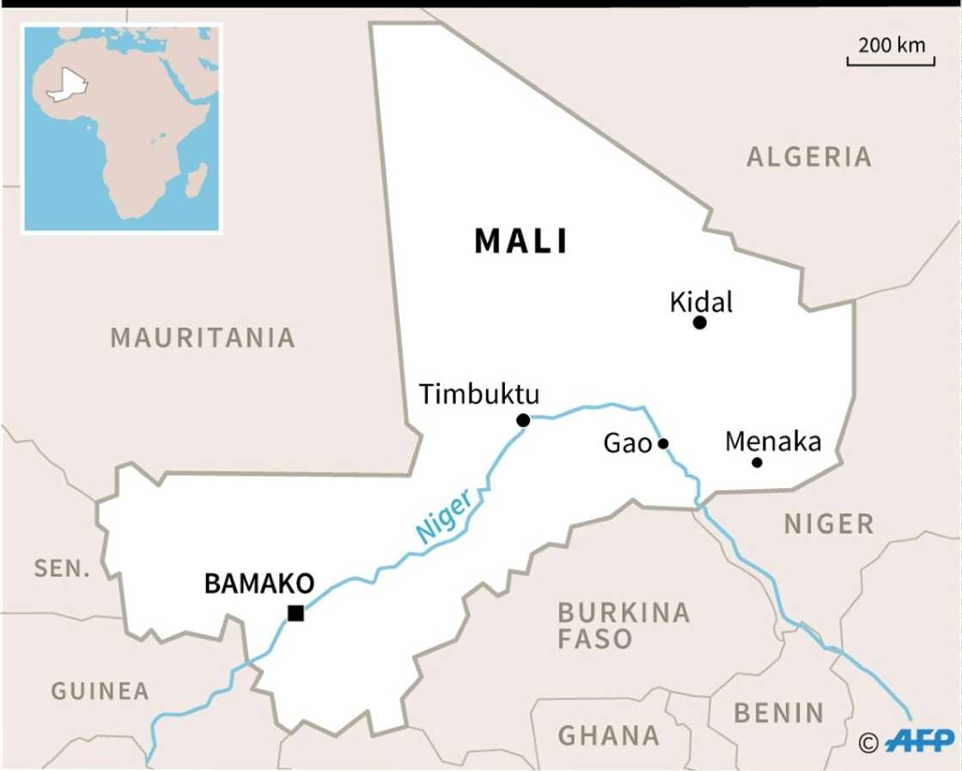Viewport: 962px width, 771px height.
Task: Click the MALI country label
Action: point(521,242)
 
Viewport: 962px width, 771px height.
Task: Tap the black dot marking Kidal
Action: point(699,322)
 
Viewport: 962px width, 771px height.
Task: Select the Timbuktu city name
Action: point(479,394)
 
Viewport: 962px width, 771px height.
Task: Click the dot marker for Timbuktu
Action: point(523,420)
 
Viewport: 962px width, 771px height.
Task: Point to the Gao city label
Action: point(628,444)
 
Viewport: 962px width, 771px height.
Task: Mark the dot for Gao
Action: point(663,444)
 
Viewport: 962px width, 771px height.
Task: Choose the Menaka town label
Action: point(773,442)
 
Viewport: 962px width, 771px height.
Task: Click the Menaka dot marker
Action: point(757,462)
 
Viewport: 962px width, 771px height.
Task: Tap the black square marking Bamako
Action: point(295,613)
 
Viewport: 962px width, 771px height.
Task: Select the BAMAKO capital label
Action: point(259,584)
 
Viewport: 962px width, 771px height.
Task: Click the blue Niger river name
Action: point(444,516)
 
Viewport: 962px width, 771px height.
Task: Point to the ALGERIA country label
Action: point(808,156)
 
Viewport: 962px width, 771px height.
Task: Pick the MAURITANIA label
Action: point(203,338)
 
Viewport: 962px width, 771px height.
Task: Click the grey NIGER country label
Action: point(828,523)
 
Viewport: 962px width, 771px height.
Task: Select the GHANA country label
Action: point(609,736)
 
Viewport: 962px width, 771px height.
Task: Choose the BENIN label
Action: point(779,713)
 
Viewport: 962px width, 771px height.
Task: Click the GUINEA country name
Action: point(100,690)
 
